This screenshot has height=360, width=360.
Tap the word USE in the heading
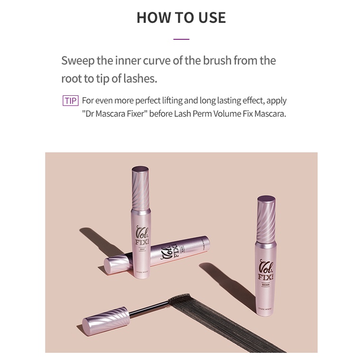click(x=210, y=18)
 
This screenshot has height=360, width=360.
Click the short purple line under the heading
click(x=181, y=39)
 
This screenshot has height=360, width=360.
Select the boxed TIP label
click(x=70, y=101)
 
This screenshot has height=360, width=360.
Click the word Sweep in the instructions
click(x=77, y=61)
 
